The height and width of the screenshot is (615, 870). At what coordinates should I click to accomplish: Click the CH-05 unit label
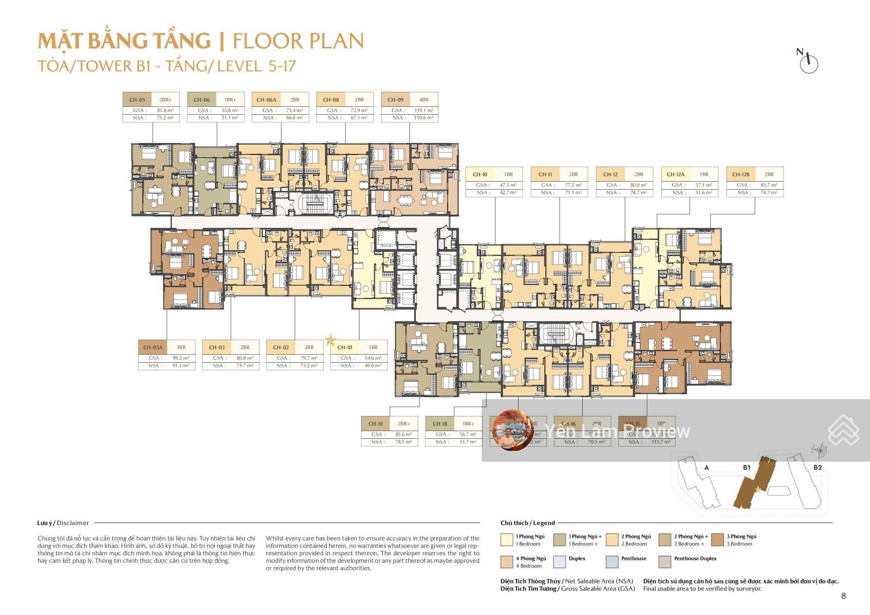click(x=137, y=100)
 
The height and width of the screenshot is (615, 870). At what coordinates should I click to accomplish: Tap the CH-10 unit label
click(x=480, y=175)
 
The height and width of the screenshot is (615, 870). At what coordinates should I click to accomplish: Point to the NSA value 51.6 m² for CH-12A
click(x=704, y=193)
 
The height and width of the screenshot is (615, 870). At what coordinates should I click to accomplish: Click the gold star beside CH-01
click(x=330, y=341)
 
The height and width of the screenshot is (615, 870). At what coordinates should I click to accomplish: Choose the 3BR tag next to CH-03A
click(x=181, y=347)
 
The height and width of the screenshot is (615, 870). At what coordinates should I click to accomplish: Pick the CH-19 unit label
click(x=375, y=424)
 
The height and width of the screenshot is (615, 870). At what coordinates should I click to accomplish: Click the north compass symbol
click(x=809, y=61)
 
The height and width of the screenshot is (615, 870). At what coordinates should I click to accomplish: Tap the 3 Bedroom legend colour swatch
click(x=718, y=539)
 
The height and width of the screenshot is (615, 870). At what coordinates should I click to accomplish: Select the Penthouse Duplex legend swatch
click(x=664, y=562)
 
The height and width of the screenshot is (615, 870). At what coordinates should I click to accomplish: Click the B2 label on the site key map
click(x=817, y=467)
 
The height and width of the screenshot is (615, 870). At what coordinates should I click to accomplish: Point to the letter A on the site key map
click(x=706, y=468)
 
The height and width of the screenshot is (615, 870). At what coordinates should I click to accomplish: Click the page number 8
click(x=843, y=596)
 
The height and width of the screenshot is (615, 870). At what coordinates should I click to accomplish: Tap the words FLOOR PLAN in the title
click(x=298, y=41)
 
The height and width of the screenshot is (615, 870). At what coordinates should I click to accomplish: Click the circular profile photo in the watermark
click(x=513, y=430)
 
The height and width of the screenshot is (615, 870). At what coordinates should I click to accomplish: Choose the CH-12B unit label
click(x=741, y=175)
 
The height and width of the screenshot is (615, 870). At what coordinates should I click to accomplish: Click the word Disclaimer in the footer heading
click(x=72, y=523)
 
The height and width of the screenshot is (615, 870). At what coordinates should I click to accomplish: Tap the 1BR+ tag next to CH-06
click(x=229, y=100)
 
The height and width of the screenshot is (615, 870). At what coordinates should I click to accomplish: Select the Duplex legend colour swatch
click(x=560, y=562)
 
